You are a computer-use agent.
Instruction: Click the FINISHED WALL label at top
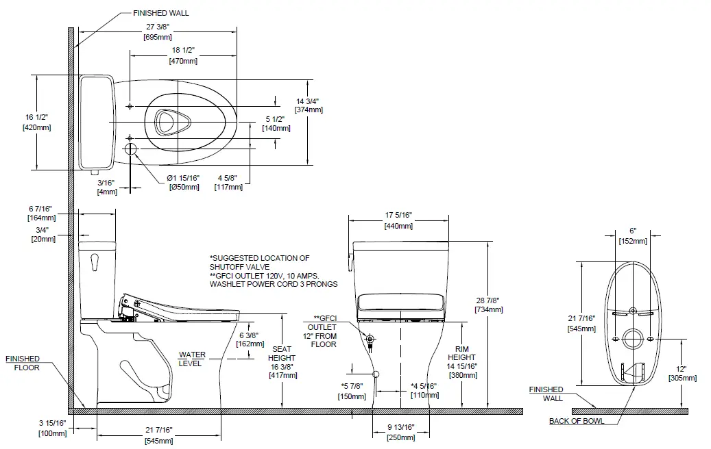(162, 12)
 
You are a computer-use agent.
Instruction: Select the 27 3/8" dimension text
(158, 27)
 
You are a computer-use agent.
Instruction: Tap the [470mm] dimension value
(183, 61)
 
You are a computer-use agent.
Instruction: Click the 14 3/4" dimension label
(309, 101)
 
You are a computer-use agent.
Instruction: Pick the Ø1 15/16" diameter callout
(184, 178)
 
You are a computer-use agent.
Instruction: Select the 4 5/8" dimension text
(228, 178)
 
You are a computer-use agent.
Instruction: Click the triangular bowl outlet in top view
(165, 122)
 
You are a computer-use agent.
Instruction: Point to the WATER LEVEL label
(192, 359)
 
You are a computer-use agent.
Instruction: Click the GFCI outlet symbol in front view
(370, 339)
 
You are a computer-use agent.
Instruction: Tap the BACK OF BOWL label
(577, 421)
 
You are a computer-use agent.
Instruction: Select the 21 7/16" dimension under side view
(158, 429)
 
